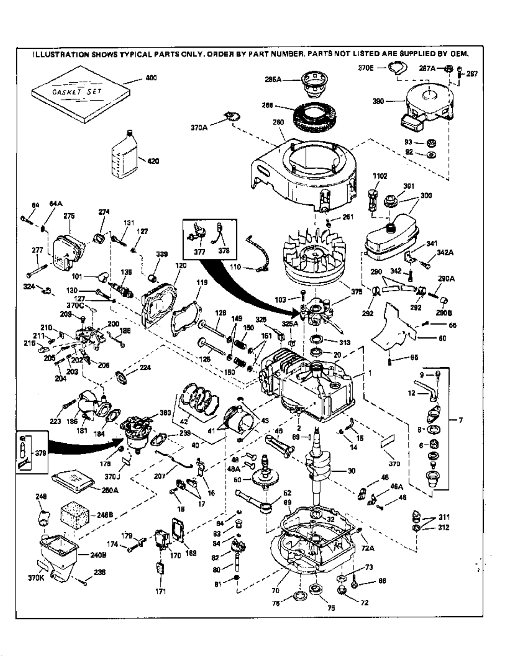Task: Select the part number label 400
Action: [x=151, y=78]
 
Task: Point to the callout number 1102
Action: [x=380, y=176]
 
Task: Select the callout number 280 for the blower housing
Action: [x=278, y=122]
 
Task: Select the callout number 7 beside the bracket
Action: [x=461, y=420]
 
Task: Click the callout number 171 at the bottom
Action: [x=161, y=591]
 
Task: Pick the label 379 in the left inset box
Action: [x=40, y=453]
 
